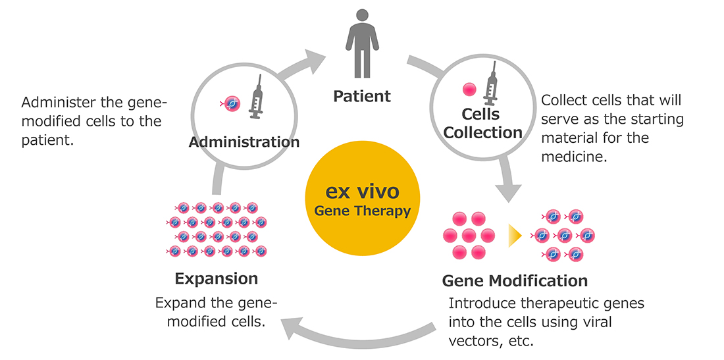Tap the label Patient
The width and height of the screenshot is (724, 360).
pos(362,97)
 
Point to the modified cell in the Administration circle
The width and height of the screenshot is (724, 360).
pos(232,103)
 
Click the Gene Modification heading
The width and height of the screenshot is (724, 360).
pos(515,281)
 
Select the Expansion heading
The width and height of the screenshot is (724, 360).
pos(216,278)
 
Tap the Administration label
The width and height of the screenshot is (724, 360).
pos(244,142)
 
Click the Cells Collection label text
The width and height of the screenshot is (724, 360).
pos(482,124)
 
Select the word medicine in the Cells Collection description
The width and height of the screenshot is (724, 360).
pos(570,157)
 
